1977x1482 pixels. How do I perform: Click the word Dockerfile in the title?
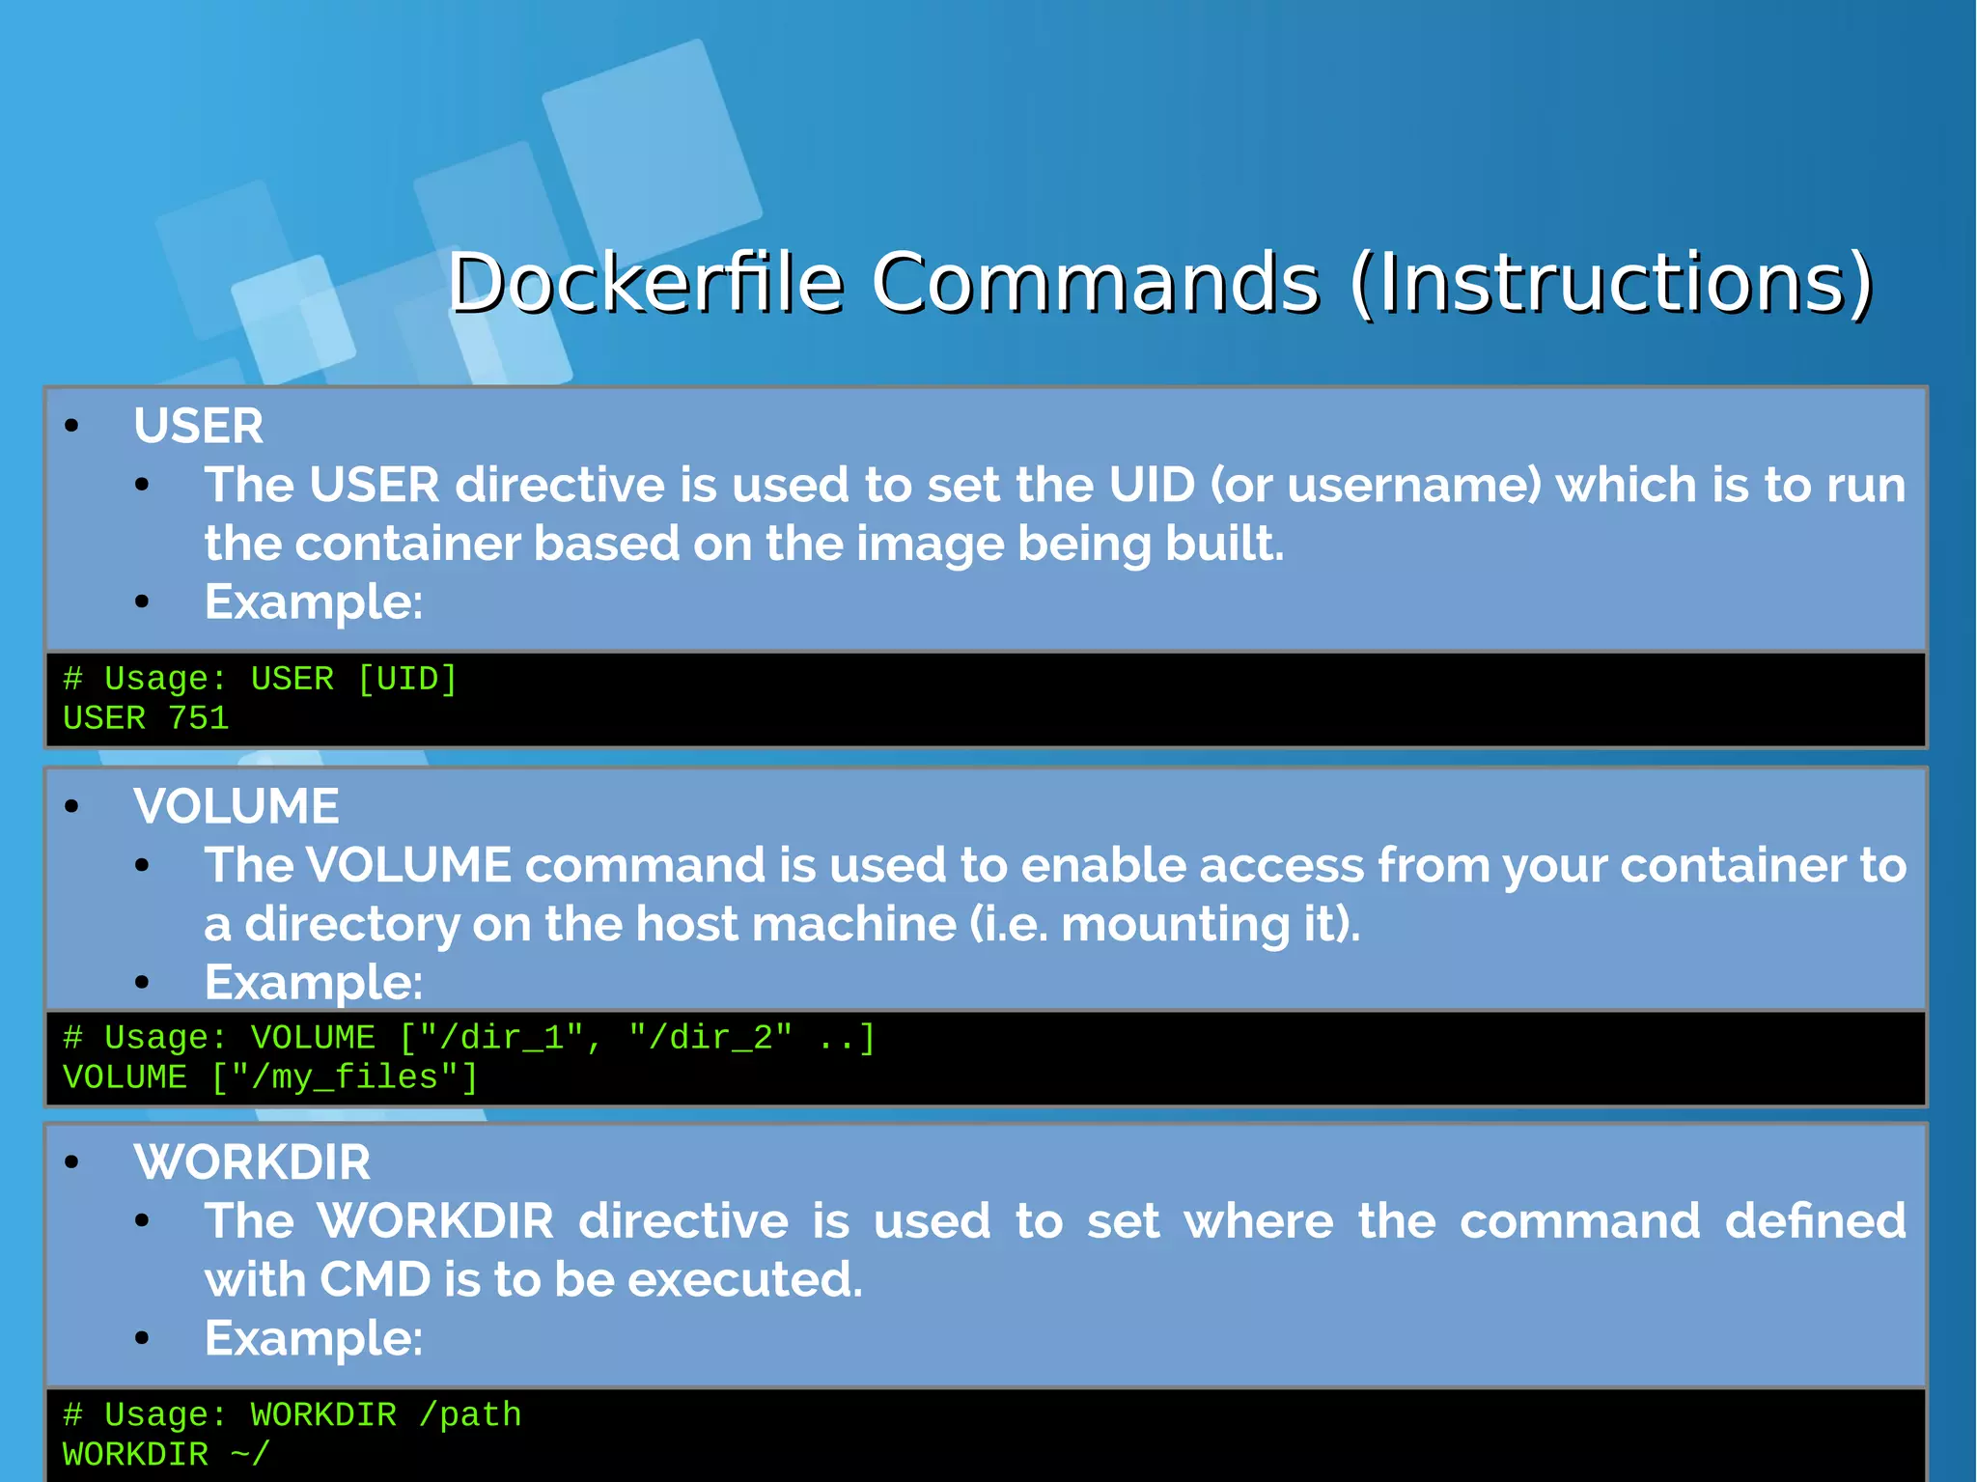click(x=645, y=283)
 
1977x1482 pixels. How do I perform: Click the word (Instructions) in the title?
click(x=1611, y=283)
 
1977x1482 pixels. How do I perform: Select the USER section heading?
click(x=198, y=426)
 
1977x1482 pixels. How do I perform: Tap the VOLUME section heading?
click(x=237, y=806)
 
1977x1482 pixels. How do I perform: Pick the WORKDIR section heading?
click(x=252, y=1161)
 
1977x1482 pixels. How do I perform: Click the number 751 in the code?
click(x=198, y=718)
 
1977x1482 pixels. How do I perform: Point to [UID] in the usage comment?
click(x=406, y=679)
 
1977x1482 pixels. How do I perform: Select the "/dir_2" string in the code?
click(x=710, y=1038)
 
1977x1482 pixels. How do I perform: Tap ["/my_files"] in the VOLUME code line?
click(x=344, y=1077)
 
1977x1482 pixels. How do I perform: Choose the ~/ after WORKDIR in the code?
click(x=250, y=1454)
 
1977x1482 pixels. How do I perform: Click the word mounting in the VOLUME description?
click(x=1175, y=924)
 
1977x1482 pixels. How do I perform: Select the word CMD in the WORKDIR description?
click(x=375, y=1279)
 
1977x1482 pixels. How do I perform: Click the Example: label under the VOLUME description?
click(x=314, y=983)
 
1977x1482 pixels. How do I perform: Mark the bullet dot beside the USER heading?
click(x=71, y=426)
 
